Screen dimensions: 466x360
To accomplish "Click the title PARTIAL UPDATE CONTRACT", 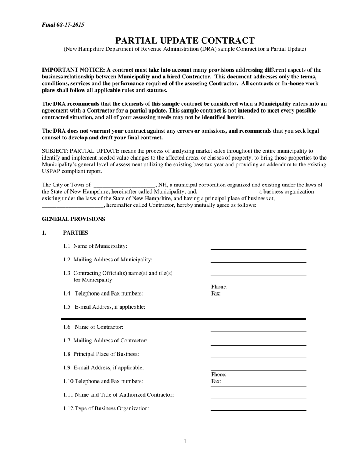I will click(185, 41).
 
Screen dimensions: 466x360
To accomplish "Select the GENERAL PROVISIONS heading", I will click(73, 219).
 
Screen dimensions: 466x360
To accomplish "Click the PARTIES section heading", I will click(75, 233).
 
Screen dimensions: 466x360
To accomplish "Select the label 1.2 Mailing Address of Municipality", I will click(108, 260).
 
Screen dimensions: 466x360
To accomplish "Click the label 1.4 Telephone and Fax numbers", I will click(103, 294).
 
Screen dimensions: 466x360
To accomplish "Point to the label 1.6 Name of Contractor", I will click(93, 327).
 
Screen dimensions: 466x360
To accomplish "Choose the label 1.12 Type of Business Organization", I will click(106, 408).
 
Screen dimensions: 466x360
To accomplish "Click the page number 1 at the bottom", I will click(185, 441).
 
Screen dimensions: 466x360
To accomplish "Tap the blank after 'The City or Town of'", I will click(124, 185).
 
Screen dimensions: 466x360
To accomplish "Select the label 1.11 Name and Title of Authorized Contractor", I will click(119, 395).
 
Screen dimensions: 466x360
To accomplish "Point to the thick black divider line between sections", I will click(183, 319).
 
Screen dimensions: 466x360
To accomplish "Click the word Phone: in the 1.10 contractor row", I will click(219, 375).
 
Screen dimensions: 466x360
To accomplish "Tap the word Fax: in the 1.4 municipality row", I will click(216, 294).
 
